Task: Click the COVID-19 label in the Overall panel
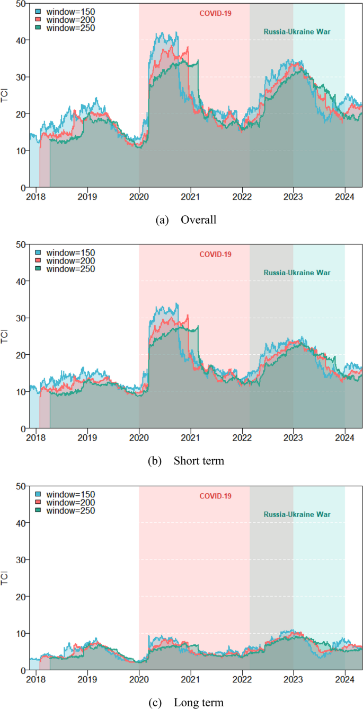(x=216, y=13)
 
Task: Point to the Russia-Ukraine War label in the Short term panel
(x=297, y=273)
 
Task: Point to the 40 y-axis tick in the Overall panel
(x=20, y=40)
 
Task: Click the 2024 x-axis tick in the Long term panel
(x=345, y=680)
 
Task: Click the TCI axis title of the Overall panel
(x=6, y=95)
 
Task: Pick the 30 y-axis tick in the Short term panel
(x=20, y=318)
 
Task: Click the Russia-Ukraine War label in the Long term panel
(x=297, y=514)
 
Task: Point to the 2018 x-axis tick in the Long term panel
(x=36, y=680)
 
